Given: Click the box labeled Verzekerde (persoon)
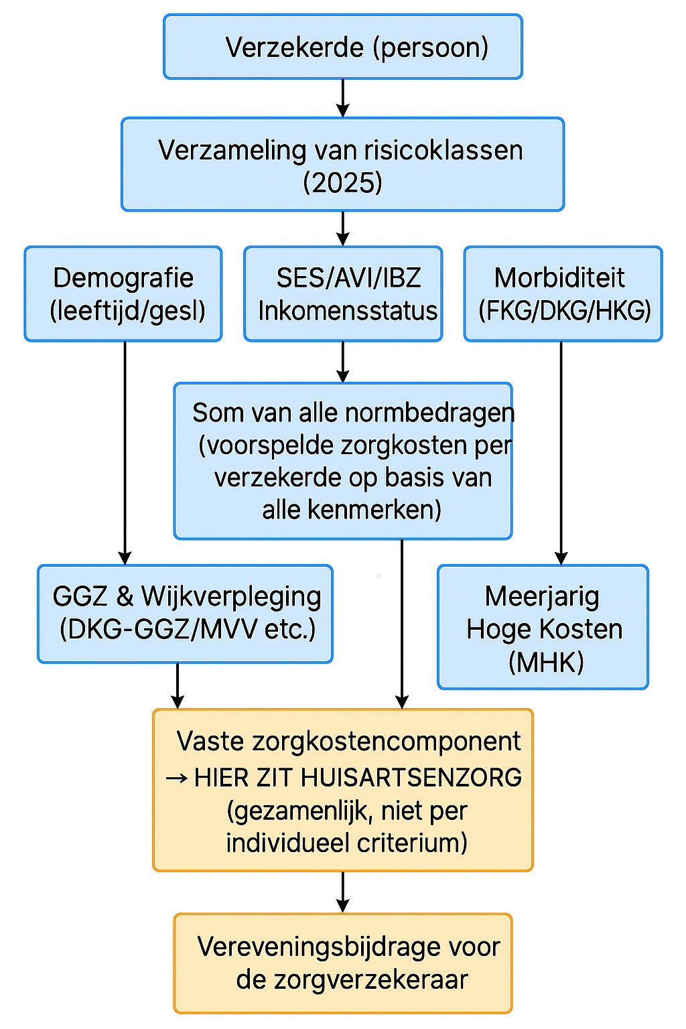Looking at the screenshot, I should (x=342, y=47).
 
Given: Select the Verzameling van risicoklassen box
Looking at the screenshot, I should (x=342, y=164).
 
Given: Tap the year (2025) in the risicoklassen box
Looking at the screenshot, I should (x=342, y=182).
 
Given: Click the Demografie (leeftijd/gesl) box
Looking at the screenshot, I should (x=123, y=293).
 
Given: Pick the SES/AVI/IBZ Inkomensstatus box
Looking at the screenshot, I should (x=342, y=293).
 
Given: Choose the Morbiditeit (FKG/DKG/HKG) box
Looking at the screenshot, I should (x=563, y=293).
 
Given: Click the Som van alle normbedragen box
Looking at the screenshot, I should (x=342, y=461).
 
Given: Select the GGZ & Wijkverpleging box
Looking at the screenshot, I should (x=185, y=614).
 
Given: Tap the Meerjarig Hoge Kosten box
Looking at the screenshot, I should (x=543, y=627).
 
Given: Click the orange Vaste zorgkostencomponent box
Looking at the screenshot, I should (x=342, y=790).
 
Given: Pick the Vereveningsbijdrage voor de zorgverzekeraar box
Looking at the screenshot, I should (x=342, y=963).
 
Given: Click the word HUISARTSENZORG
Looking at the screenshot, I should (x=411, y=778).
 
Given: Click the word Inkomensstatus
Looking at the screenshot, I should (x=348, y=311).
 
